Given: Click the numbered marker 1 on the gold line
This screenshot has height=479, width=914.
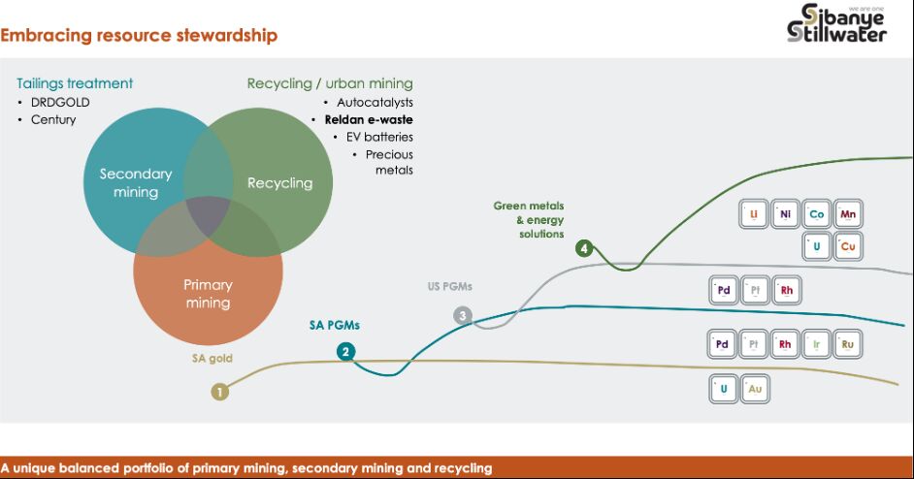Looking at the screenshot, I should point(220,392).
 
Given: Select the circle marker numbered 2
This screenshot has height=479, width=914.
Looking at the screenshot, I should point(345,352).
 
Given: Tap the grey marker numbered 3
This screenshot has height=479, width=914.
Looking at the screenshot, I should point(462,315).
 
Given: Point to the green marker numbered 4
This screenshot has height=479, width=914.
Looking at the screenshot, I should point(583,248).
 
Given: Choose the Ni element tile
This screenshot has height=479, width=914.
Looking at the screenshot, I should point(785,214).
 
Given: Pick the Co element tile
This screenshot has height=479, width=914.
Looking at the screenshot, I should point(817,214).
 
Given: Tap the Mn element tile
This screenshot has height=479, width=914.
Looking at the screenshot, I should point(848,214).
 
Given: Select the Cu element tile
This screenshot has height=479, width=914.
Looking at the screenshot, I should point(848,246).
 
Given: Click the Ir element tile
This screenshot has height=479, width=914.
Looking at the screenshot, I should point(817,343).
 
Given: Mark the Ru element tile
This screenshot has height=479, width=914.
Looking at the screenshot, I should point(848,343).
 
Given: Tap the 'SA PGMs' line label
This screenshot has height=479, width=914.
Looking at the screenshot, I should point(334,325).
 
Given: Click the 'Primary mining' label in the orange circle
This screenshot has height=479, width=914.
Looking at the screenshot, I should point(208,293).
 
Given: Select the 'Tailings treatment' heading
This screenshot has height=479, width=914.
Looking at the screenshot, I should point(75,83).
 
